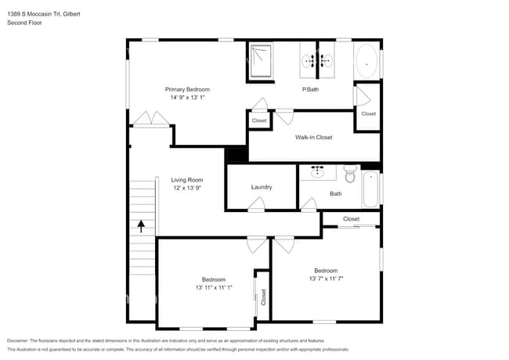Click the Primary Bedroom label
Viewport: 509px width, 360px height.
[x=187, y=89]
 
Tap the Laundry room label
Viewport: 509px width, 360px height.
[x=262, y=187]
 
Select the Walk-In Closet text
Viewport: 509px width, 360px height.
[x=313, y=137]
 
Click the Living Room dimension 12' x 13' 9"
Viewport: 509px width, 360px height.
[x=187, y=189]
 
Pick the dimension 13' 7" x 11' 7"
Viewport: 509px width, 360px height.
[x=326, y=279]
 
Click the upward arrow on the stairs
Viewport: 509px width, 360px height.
[x=141, y=226]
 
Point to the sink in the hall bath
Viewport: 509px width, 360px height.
[x=319, y=172]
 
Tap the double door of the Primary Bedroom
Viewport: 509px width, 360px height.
[x=151, y=119]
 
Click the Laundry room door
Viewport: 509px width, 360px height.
[x=255, y=205]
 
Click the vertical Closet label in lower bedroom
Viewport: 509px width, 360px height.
[x=264, y=297]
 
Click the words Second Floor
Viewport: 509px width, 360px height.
[x=25, y=23]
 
